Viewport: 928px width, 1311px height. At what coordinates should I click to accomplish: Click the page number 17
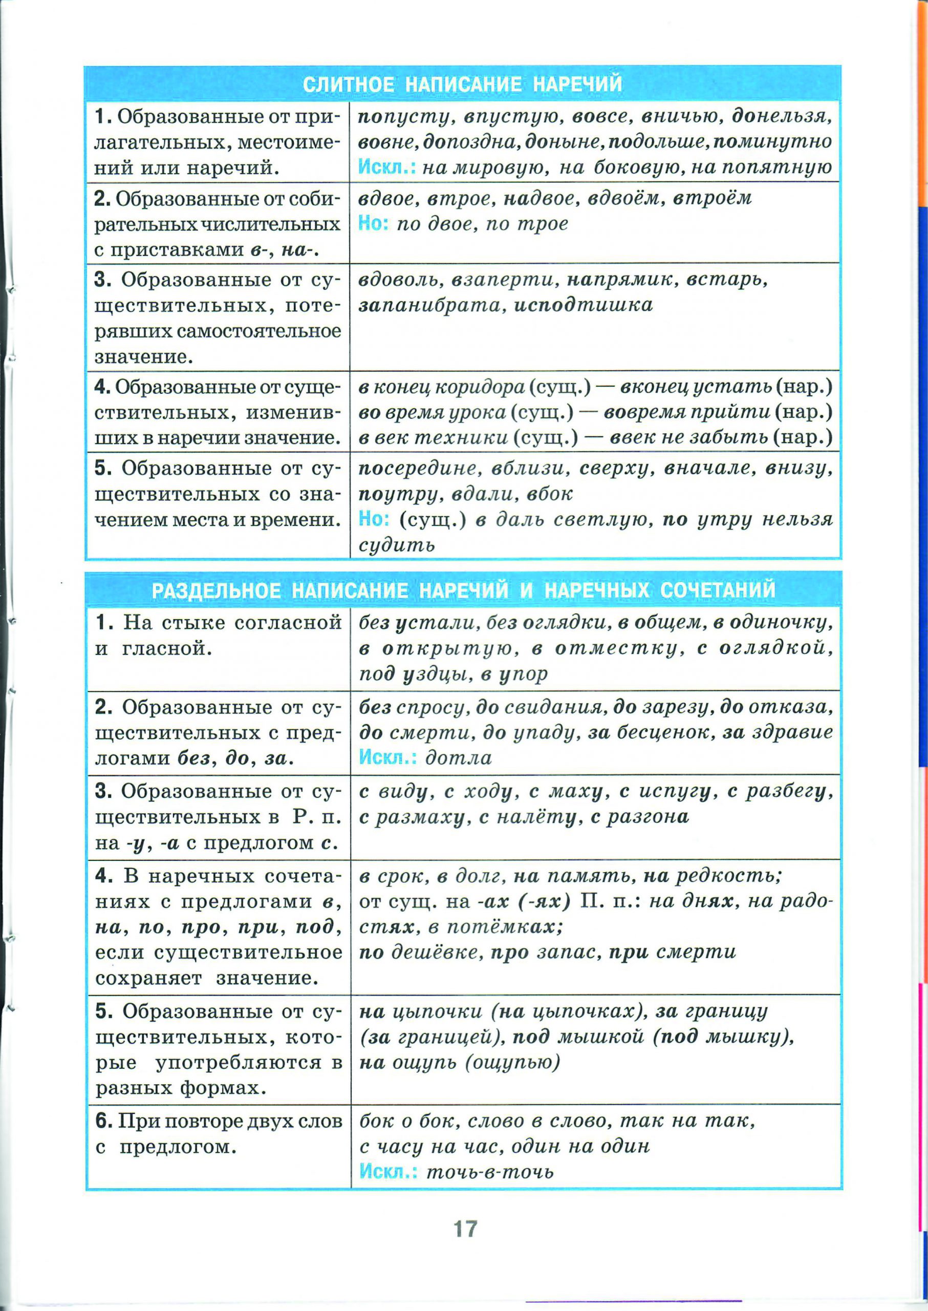tap(465, 1227)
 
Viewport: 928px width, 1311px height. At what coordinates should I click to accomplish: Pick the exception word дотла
tap(458, 758)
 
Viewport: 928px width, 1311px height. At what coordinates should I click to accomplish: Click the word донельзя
tap(781, 117)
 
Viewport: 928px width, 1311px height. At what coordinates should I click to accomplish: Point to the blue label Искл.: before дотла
tap(387, 758)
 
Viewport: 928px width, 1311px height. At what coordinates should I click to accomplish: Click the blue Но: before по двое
tap(373, 224)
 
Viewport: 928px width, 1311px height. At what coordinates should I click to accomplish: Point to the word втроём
tap(712, 198)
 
